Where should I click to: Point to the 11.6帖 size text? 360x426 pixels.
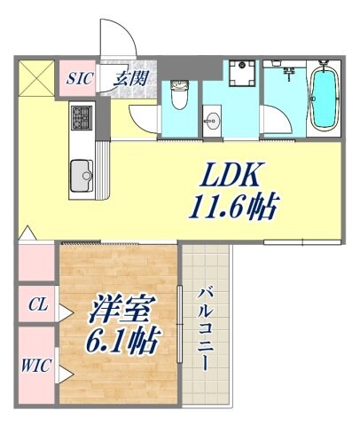click(232, 209)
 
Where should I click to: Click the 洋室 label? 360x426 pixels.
click(123, 310)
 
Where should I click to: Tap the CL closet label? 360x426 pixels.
click(37, 306)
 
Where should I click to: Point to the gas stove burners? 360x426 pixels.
click(82, 116)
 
